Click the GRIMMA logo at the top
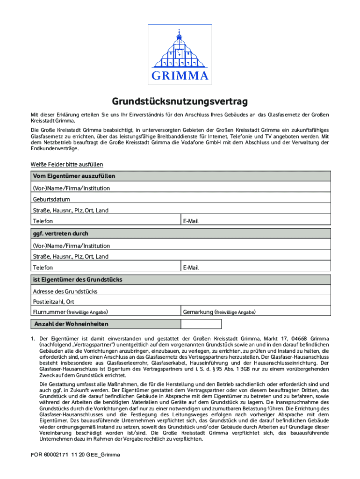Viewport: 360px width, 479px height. (x=180, y=54)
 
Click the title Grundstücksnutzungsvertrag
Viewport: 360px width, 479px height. (x=180, y=102)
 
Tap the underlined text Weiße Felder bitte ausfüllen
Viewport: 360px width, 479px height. (x=66, y=164)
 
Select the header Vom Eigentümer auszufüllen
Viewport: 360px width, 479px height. (x=73, y=176)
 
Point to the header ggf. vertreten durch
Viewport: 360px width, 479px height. (x=60, y=233)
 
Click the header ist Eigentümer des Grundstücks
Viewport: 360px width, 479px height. (x=77, y=279)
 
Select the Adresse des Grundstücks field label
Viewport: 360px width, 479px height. (x=65, y=291)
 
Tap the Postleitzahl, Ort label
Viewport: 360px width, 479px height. (x=53, y=302)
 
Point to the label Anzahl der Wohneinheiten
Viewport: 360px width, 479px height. (x=71, y=324)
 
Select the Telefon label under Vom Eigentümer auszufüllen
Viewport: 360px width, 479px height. (x=43, y=221)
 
